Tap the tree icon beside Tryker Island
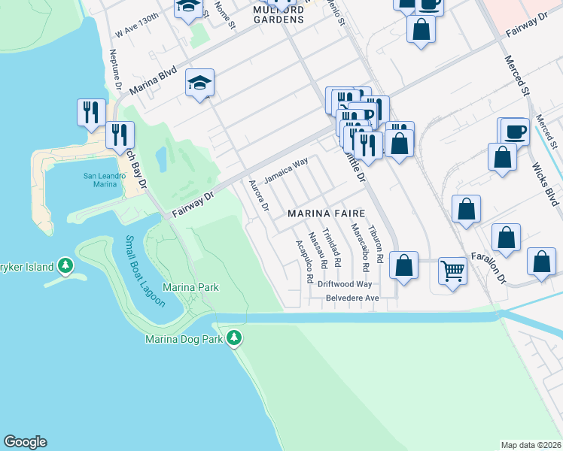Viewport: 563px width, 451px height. click(65, 265)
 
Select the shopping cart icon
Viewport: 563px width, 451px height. click(452, 270)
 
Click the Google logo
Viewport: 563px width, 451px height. click(25, 442)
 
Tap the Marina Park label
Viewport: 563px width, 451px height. click(190, 287)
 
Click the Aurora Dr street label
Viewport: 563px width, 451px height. click(258, 196)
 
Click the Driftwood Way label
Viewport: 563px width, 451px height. click(345, 284)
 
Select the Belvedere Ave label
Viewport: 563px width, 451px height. click(351, 298)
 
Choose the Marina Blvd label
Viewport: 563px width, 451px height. click(153, 79)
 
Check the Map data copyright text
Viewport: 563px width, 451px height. click(531, 445)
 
